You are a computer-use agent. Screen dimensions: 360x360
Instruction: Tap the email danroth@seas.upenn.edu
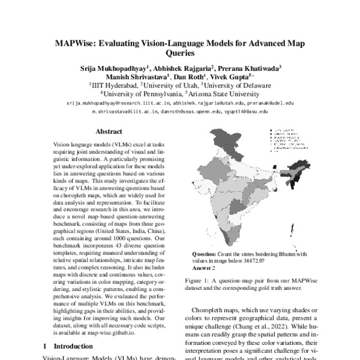[196, 112]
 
